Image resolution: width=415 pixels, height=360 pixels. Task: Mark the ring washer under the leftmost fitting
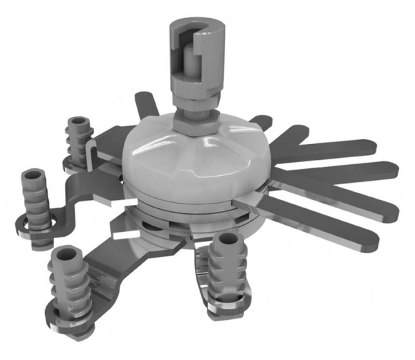pyautogui.click(x=31, y=226)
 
